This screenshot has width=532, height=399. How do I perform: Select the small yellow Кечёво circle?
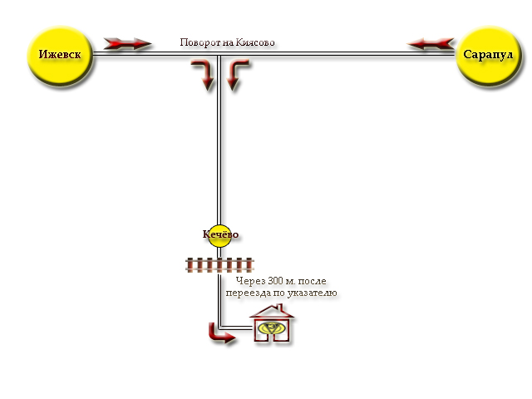220,235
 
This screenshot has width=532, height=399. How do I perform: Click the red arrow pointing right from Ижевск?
128,43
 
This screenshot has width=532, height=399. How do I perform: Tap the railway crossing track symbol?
219,264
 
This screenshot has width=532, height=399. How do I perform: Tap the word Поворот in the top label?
200,42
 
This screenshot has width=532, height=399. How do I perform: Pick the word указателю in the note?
311,293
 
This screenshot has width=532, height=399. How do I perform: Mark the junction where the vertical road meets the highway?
219,54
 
